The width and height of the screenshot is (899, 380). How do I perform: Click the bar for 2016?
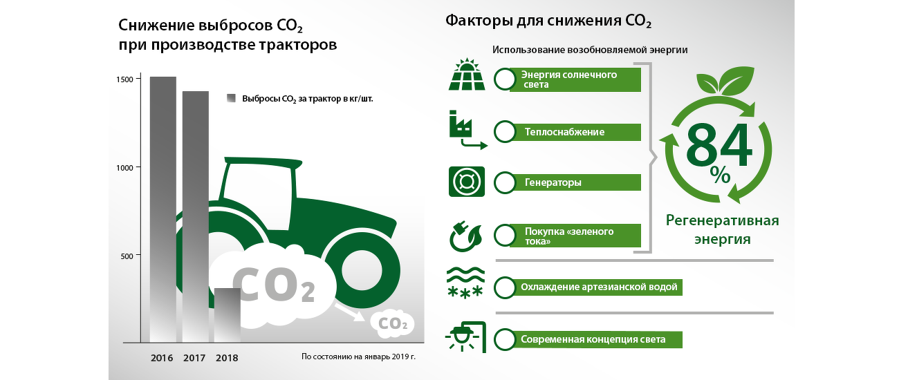pyautogui.click(x=163, y=209)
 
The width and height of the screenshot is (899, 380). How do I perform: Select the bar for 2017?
pyautogui.click(x=196, y=216)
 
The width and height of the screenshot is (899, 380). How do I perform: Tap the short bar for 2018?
pyautogui.click(x=227, y=315)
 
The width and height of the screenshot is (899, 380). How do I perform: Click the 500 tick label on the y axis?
pyautogui.click(x=127, y=256)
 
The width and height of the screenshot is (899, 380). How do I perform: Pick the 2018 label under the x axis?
pyautogui.click(x=227, y=358)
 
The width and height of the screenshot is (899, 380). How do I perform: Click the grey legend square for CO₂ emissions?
pyautogui.click(x=231, y=98)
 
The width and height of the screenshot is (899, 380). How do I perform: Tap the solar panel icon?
pyautogui.click(x=466, y=75)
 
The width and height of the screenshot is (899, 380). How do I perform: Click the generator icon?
pyautogui.click(x=466, y=182)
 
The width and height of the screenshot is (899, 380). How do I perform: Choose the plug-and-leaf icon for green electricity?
pyautogui.click(x=466, y=236)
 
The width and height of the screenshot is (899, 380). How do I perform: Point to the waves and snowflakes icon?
pyautogui.click(x=465, y=283)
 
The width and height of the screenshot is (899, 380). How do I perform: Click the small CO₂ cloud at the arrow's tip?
pyautogui.click(x=393, y=323)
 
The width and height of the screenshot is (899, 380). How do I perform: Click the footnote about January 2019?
pyautogui.click(x=358, y=357)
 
